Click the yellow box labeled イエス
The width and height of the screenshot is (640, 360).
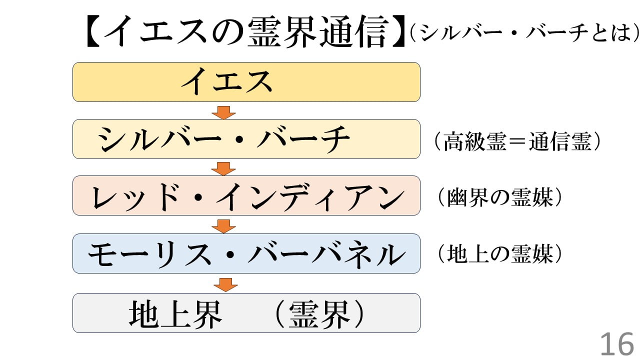(246, 82)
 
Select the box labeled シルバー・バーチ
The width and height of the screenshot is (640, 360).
(246, 139)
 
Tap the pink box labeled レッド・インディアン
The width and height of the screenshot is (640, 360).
(246, 195)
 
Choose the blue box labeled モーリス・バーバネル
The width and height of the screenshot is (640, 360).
(246, 253)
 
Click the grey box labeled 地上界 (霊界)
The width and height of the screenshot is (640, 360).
(246, 313)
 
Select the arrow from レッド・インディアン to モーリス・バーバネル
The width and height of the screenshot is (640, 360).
(223, 225)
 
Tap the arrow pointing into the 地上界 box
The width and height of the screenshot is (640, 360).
(225, 284)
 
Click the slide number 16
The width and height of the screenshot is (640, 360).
(616, 344)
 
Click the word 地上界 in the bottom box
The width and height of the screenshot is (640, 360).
(175, 314)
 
